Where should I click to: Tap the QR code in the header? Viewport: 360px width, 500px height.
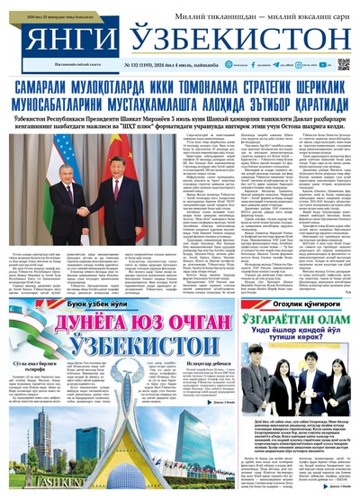[x=344, y=64]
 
